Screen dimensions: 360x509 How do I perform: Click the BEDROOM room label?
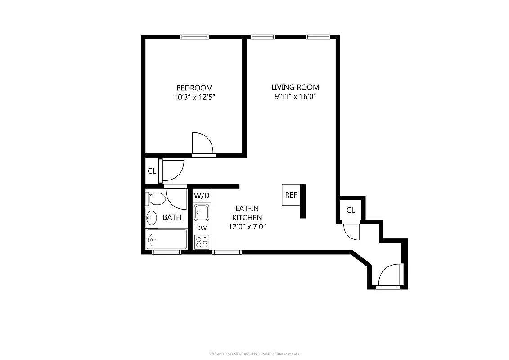194,88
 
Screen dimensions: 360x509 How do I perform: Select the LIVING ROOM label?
295,87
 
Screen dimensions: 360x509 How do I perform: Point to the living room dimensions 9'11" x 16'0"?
295,96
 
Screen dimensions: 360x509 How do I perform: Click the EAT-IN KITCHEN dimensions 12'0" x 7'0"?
247,227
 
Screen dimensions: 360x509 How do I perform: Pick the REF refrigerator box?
291,195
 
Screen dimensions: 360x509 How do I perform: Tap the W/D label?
202,196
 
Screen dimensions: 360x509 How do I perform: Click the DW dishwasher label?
202,228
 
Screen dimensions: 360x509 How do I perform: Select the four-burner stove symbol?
202,242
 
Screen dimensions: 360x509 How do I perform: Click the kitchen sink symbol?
202,212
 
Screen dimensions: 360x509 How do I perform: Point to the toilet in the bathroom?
156,198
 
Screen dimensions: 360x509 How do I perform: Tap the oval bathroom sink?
152,218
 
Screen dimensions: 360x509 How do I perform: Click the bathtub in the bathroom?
166,239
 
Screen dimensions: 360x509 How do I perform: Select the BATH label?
172,217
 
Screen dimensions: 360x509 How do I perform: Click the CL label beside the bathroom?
152,171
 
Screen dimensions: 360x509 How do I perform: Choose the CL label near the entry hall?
351,210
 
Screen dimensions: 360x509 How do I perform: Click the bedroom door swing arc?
203,143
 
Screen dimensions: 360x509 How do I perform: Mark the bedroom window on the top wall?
194,37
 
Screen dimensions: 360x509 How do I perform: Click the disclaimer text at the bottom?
254,354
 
